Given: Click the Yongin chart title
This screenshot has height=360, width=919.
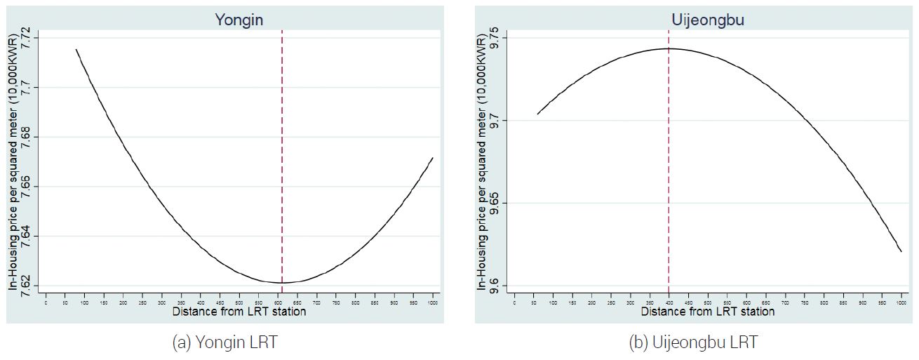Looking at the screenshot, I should point(239,20).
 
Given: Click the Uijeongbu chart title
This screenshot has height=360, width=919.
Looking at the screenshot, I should point(706,20).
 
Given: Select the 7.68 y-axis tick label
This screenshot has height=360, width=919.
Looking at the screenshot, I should point(28,137).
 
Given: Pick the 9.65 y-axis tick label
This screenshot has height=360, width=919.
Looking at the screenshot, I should point(495,204).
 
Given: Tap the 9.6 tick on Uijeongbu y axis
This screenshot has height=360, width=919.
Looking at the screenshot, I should point(495,286).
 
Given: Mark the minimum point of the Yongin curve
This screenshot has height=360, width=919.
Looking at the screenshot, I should point(282,282).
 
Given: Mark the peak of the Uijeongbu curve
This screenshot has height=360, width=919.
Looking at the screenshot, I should point(669,48).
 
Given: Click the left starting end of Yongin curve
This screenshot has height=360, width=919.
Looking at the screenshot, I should point(76,49).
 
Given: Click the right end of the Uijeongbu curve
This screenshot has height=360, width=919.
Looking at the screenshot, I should point(901,251).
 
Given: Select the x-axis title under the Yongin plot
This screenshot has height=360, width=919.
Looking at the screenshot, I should point(239,311).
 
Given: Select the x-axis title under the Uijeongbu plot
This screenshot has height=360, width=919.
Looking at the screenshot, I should point(707,311).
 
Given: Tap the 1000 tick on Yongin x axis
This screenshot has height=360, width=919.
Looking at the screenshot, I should point(432,301).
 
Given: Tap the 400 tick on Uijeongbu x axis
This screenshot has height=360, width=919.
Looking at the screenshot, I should point(669,301).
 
